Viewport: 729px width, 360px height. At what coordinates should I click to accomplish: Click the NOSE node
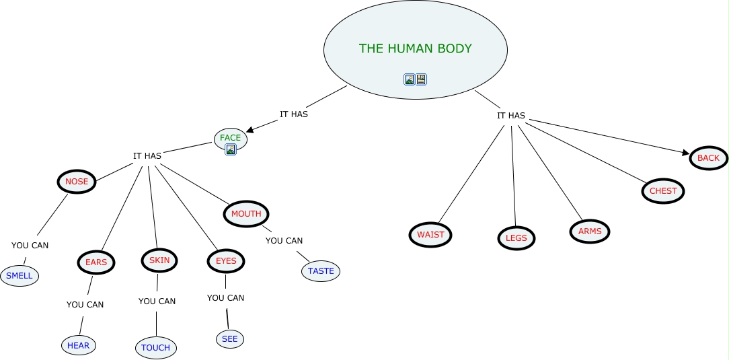[77, 182]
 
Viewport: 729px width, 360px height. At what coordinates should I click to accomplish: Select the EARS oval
[96, 262]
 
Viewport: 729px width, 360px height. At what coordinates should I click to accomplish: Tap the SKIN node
[159, 260]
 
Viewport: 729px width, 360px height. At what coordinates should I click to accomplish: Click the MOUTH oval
[246, 214]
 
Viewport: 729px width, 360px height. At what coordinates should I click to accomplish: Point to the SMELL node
[20, 276]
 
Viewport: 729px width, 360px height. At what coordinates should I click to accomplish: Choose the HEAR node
[78, 345]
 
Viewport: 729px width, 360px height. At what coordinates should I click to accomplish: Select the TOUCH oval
[156, 348]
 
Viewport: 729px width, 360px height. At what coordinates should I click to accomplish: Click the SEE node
[230, 339]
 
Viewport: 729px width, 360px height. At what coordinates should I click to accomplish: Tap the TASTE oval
[321, 271]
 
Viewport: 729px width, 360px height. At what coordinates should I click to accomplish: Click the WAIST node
[430, 235]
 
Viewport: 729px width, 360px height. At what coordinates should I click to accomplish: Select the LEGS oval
[516, 238]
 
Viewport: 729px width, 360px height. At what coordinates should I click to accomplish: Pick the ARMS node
[590, 231]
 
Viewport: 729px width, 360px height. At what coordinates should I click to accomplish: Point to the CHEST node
[663, 191]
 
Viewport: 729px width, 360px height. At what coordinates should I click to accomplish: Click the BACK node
[708, 158]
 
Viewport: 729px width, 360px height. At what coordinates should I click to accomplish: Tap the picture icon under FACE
[231, 149]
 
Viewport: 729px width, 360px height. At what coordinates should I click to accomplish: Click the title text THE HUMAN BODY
[415, 48]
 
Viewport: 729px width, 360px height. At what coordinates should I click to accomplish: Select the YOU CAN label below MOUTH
[284, 241]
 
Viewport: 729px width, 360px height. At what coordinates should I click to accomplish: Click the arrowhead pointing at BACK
[686, 153]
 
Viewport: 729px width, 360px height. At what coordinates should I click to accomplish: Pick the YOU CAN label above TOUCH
[157, 301]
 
